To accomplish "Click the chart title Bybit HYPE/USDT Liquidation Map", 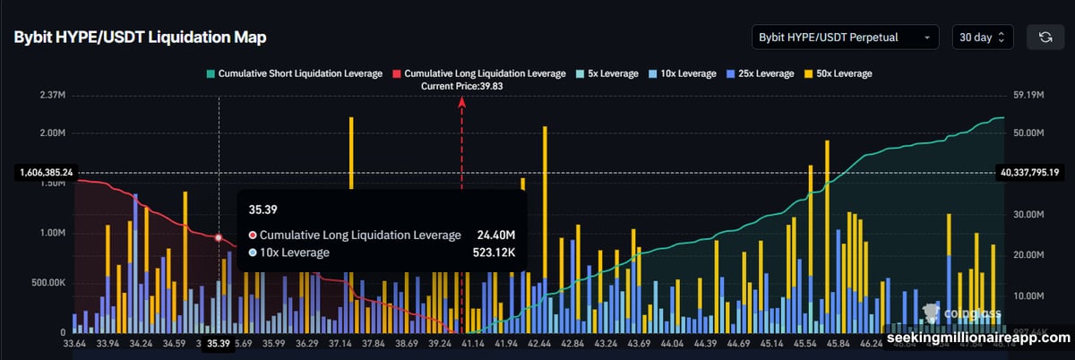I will point(139,38).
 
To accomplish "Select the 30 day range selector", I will point(983,38).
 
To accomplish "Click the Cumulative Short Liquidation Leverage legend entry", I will point(293,73).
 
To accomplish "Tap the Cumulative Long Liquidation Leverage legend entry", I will point(479,73).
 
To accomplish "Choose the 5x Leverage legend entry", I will point(609,73).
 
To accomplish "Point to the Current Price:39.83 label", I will point(462,86).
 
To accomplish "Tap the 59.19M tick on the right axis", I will point(1023,95).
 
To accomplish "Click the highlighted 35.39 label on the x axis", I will point(219,343).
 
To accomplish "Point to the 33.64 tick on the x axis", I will point(76,343).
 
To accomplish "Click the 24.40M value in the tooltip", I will point(496,235).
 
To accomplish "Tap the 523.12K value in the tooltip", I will point(494,253).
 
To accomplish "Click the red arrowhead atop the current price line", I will point(462,102).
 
